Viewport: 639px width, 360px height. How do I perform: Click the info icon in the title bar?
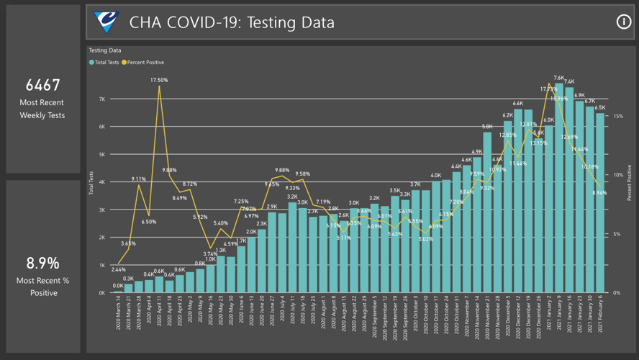coord(623,22)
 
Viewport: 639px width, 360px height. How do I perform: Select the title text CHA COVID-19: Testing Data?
coord(232,23)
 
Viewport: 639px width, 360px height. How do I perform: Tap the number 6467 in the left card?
coord(43,85)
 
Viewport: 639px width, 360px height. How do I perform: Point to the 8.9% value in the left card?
coord(43,263)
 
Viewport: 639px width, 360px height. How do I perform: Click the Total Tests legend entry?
coord(104,63)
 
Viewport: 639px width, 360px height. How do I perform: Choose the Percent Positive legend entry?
coord(143,63)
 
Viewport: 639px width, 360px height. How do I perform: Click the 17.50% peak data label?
coord(159,80)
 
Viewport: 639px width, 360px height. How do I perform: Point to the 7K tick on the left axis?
coord(101,99)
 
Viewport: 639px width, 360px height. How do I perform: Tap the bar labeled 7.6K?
coord(559,188)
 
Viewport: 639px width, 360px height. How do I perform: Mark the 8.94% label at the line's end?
coord(599,193)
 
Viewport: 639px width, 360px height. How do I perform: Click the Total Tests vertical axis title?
coord(91,184)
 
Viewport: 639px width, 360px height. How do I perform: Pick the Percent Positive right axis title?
coord(629,183)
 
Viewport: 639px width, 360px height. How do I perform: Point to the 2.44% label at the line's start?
coord(118,269)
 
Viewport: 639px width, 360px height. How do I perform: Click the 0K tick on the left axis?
coord(101,293)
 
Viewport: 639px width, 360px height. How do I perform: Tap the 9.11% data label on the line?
coord(139,179)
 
